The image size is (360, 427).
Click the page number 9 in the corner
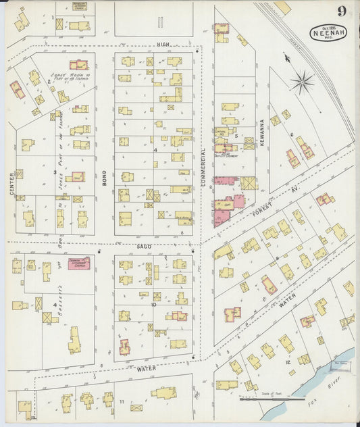pos(343,11)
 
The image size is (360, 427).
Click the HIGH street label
pos(162,45)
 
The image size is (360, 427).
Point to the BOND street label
pos(105,177)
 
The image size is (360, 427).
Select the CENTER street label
pos(12,184)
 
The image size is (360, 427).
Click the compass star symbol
pos(302,82)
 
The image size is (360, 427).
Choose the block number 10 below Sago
pos(154,305)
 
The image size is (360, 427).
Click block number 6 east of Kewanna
pos(292,134)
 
